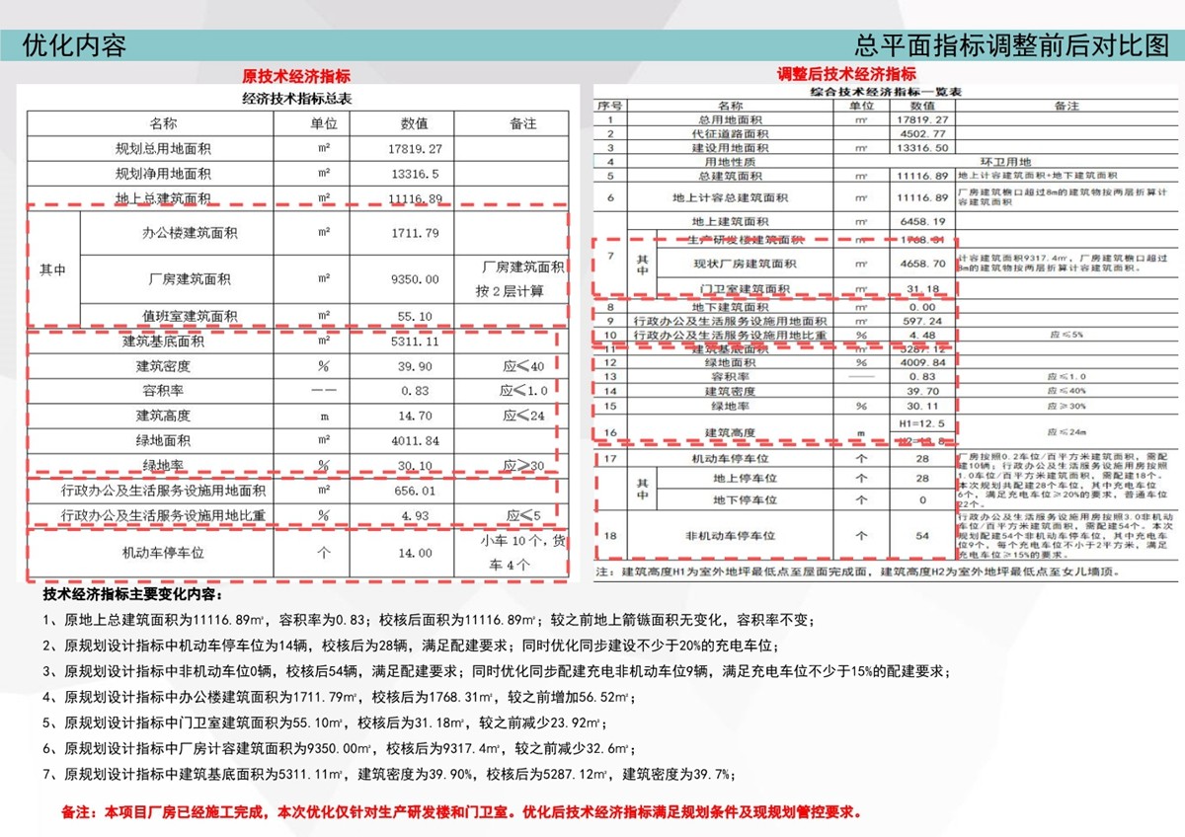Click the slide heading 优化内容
click(74, 45)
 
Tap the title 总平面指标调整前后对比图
click(1011, 45)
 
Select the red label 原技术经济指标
click(296, 76)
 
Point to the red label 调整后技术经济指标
click(846, 74)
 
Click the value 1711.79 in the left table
click(414, 234)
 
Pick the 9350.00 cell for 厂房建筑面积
click(414, 279)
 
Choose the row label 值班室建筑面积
click(190, 317)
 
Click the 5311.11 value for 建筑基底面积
click(414, 342)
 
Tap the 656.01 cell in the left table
click(414, 491)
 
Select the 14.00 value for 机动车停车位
click(415, 554)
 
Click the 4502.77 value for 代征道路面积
click(921, 133)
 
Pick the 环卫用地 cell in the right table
click(1004, 161)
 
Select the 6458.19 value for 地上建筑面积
click(921, 222)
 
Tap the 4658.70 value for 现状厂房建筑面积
click(921, 264)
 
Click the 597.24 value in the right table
click(921, 321)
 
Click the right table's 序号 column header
click(609, 105)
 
